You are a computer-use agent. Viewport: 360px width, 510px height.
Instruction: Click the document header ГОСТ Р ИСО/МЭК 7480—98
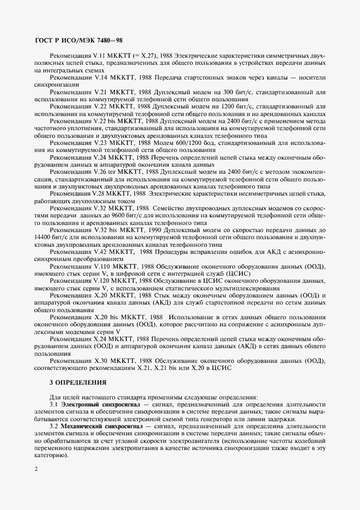(x=78, y=40)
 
